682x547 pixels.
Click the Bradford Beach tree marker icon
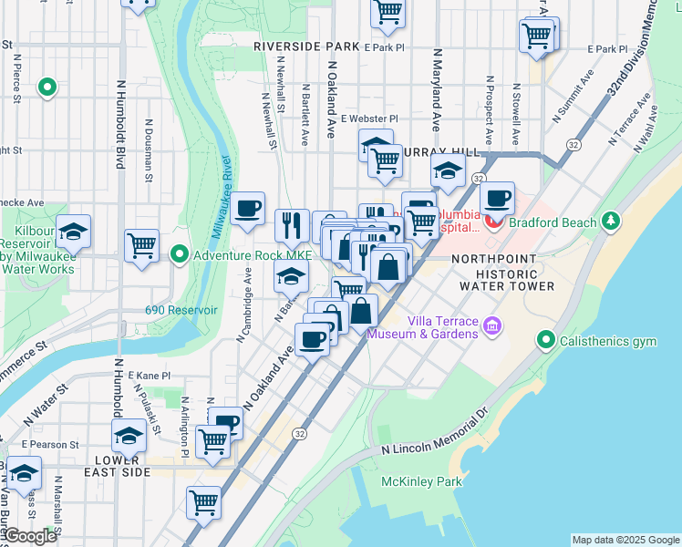[610, 222]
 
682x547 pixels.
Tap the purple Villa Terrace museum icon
[492, 325]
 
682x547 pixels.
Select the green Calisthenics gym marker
[546, 341]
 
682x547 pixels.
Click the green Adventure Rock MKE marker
[181, 255]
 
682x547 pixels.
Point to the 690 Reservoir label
[181, 310]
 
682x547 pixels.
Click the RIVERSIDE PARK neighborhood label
[307, 46]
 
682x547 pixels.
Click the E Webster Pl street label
[369, 119]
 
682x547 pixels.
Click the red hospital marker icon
[494, 220]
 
